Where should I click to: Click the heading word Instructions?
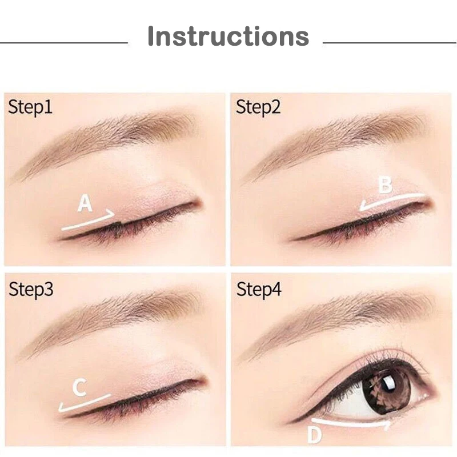point(228,36)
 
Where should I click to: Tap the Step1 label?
point(30,107)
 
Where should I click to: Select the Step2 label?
point(258,107)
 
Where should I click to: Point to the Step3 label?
point(31,289)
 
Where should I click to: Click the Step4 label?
point(259,289)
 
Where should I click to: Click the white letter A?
point(85,203)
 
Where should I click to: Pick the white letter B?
point(385,185)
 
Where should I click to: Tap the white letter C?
point(79,387)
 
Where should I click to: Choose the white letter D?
point(315,435)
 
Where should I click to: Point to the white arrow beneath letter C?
point(85,403)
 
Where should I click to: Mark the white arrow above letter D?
point(351,423)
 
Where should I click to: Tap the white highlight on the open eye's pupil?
point(388,383)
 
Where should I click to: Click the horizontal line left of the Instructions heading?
point(64,43)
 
